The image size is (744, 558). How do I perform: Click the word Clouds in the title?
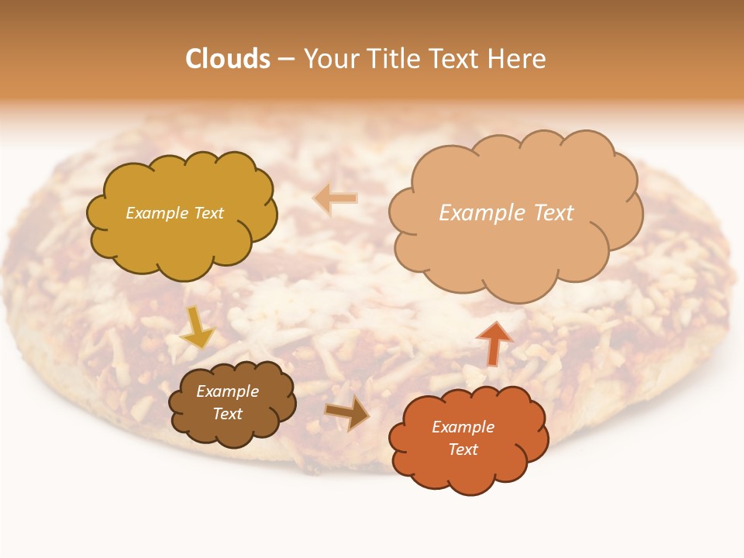(x=228, y=59)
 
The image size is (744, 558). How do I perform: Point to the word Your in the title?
(x=332, y=59)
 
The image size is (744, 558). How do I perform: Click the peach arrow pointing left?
(x=336, y=199)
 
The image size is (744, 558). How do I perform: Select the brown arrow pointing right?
(x=347, y=412)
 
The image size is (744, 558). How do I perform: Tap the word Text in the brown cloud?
(x=228, y=414)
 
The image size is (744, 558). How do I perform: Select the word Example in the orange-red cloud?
(x=463, y=427)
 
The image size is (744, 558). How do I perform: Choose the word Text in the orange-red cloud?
(x=463, y=449)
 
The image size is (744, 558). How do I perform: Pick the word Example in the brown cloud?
(x=228, y=391)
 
